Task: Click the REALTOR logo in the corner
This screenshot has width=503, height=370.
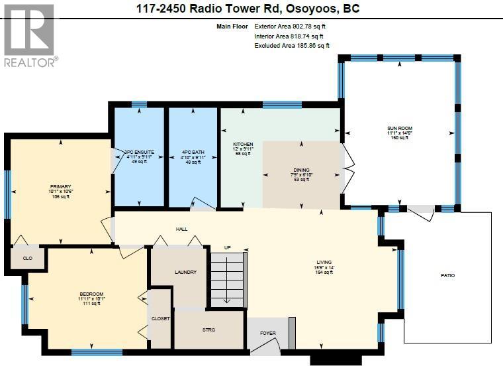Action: tap(30, 34)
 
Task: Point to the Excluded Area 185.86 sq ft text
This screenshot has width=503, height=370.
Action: tap(292, 46)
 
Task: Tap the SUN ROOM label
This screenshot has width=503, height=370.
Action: tap(400, 128)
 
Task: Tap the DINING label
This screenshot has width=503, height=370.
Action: tap(301, 170)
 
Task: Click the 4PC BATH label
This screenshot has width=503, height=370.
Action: tap(193, 153)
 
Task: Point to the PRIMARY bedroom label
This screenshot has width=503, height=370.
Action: tap(60, 187)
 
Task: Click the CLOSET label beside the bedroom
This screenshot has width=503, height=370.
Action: tap(161, 318)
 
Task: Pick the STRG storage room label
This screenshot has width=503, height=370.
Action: tap(208, 330)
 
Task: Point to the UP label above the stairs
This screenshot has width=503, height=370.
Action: tap(227, 247)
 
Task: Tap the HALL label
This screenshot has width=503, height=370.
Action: tap(181, 229)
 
